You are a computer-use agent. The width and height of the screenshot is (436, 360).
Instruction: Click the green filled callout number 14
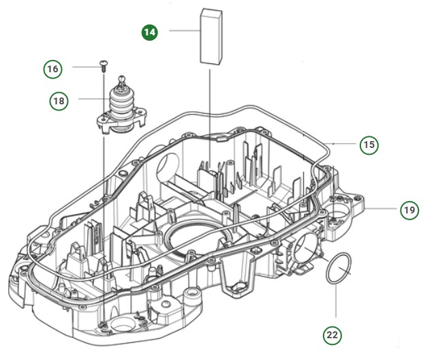tap(149, 31)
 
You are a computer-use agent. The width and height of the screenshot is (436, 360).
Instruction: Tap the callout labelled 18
tap(59, 100)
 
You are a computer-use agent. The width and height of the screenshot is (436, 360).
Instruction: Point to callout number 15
tap(369, 145)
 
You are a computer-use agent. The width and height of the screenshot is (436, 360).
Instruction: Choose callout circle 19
tap(408, 210)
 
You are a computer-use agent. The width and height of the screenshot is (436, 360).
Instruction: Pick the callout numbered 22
tap(332, 334)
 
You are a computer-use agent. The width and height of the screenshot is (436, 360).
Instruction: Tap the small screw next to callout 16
tap(103, 65)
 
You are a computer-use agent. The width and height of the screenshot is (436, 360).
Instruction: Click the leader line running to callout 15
tap(344, 142)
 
